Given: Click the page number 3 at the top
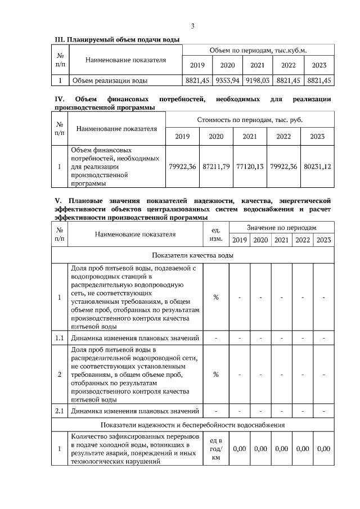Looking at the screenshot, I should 192,26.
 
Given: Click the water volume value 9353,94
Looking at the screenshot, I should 227,80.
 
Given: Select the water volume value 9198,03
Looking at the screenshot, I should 258,80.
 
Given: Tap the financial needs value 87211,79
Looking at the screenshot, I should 216,166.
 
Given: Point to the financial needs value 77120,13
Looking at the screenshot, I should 250,166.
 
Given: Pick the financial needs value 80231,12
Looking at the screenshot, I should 317,166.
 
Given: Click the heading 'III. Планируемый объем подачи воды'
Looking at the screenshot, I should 116,39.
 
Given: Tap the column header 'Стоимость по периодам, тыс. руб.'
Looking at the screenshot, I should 250,120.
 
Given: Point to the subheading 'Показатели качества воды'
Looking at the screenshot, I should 193,255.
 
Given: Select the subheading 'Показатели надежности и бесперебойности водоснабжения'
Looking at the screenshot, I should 193,425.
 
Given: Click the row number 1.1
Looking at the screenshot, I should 60,337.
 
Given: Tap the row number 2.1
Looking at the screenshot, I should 60,411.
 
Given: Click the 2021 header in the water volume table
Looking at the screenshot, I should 258,65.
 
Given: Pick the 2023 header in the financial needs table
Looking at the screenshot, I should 317,136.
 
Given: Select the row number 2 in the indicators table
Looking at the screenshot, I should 60,374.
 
